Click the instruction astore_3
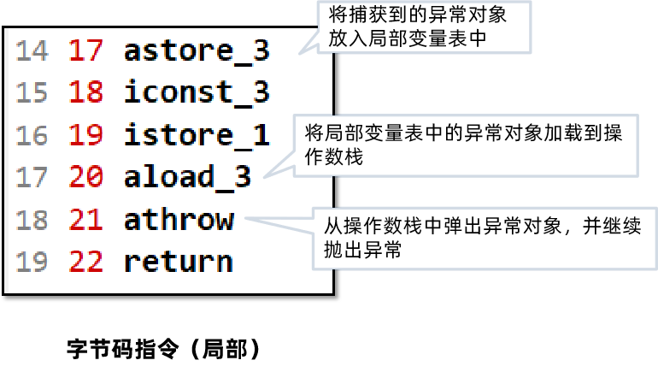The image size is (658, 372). (197, 50)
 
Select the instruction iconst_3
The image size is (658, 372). (197, 92)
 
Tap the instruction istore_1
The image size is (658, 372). (197, 135)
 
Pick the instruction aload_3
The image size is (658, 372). (187, 177)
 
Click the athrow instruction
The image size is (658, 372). (178, 220)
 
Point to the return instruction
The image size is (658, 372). (178, 262)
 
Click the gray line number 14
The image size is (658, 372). (32, 50)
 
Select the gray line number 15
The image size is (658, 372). (32, 92)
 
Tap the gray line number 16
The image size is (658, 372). (32, 135)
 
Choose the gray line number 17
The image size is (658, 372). (32, 177)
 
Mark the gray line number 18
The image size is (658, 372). (32, 220)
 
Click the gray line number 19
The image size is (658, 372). (32, 262)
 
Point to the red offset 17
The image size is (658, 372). (85, 50)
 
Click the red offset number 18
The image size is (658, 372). (85, 92)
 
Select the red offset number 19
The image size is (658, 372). (85, 135)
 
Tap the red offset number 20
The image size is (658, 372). (85, 177)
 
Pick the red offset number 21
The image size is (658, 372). (85, 220)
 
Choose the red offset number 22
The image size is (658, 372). (85, 262)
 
